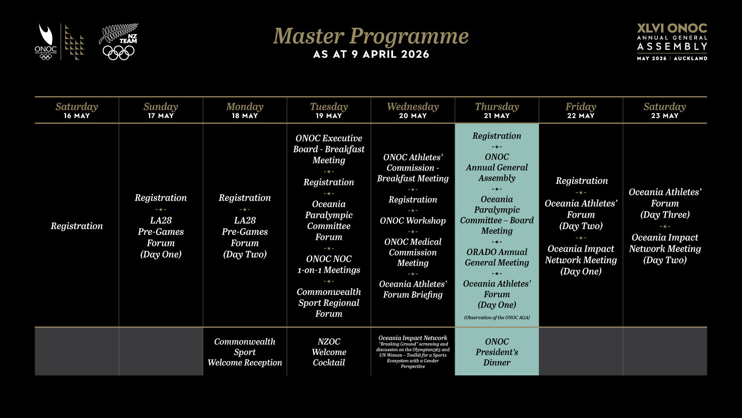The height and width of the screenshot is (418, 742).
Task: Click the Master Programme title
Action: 371,36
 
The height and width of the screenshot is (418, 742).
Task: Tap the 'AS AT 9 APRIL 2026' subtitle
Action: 371,54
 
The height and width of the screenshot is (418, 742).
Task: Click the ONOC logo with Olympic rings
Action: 46,42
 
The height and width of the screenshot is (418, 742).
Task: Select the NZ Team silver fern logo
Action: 119,42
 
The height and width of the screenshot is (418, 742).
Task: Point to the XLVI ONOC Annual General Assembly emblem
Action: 672,42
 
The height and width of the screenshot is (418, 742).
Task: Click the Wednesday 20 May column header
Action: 413,110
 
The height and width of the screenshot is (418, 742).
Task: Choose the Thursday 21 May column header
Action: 497,110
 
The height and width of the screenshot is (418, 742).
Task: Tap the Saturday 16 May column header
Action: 77,110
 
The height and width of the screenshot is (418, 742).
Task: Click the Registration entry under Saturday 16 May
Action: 77,226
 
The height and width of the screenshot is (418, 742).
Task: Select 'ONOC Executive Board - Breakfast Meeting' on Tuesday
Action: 328,149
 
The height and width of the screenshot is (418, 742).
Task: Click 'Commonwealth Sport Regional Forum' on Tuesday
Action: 328,303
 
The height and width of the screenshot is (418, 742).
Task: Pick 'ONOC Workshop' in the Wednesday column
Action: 413,221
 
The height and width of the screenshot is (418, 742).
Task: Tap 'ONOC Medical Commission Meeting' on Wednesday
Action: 413,252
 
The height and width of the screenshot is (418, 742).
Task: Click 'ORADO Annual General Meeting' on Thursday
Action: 497,257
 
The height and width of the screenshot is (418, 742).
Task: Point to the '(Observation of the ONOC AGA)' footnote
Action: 497,318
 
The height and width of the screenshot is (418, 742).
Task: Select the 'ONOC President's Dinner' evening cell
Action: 497,352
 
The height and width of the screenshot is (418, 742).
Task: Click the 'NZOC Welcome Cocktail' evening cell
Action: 328,352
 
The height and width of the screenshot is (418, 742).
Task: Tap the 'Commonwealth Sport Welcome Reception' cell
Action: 245,352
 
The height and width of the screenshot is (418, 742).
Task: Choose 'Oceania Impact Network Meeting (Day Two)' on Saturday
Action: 665,248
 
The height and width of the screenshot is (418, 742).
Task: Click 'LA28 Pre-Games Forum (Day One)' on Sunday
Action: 161,237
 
